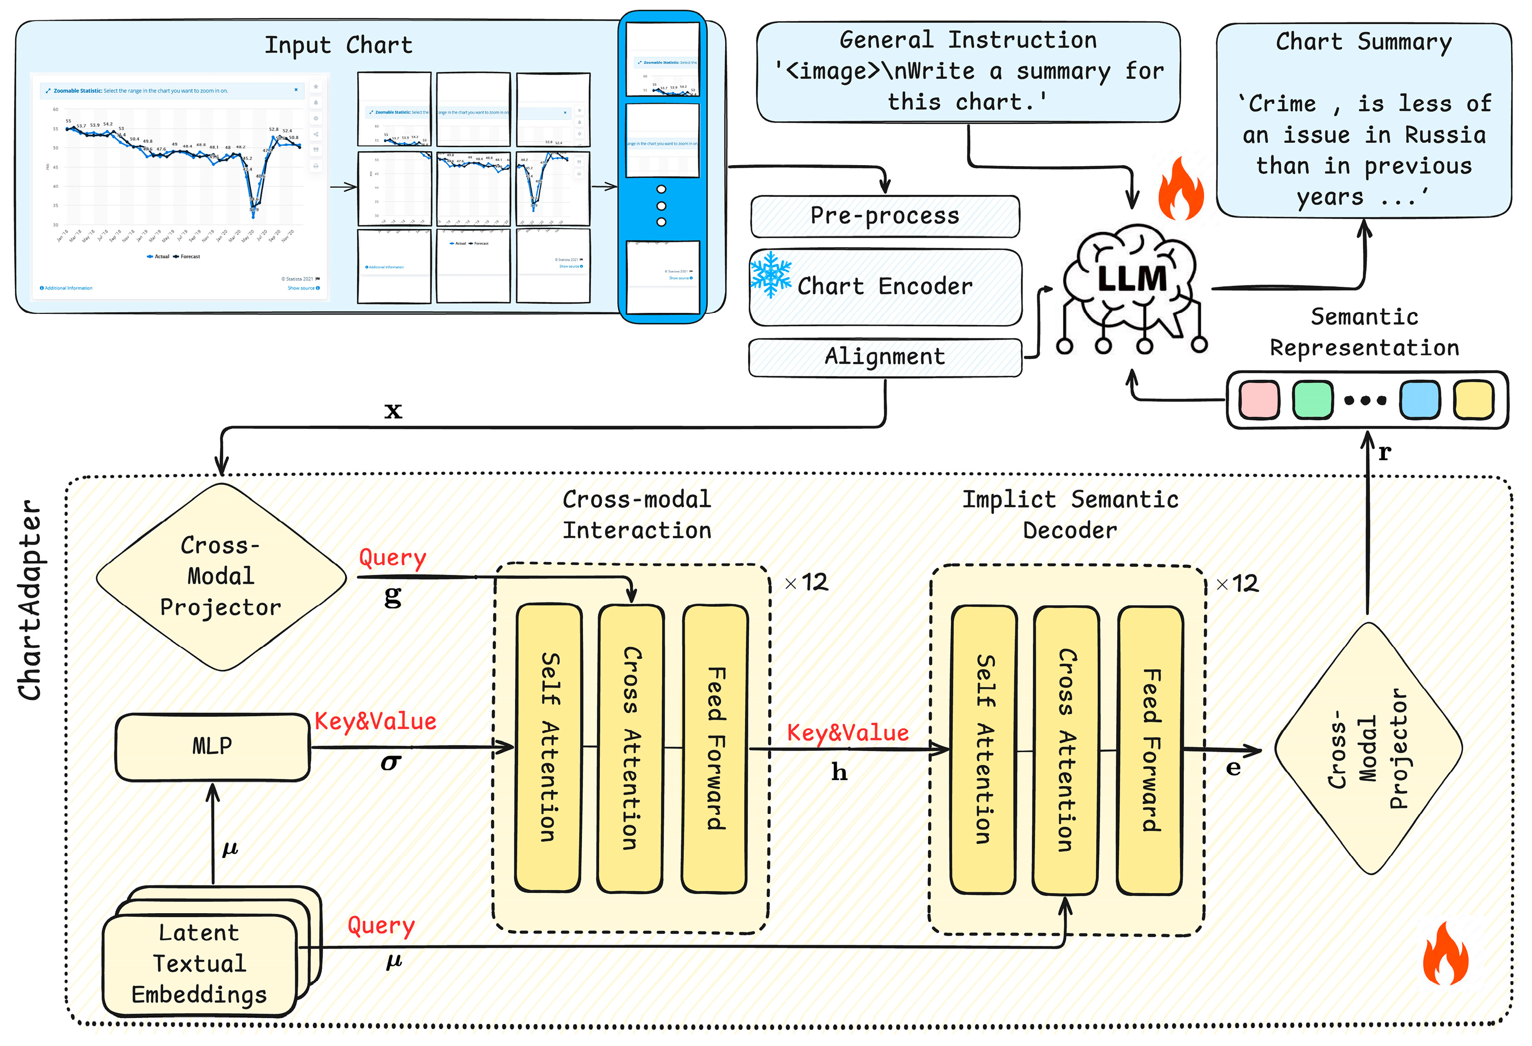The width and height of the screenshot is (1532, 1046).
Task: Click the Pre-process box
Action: [x=885, y=216]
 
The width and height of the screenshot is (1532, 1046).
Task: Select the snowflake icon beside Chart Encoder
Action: [x=770, y=275]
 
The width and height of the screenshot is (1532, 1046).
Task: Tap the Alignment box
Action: [x=885, y=357]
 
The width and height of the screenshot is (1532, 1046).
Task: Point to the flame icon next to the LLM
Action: [x=1181, y=189]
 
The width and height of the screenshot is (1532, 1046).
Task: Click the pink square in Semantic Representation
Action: [x=1258, y=400]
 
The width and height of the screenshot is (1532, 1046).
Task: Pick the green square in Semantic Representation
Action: [x=1313, y=400]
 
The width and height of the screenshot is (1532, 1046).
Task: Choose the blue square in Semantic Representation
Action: [x=1419, y=400]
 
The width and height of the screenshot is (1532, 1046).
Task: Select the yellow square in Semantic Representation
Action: [x=1473, y=400]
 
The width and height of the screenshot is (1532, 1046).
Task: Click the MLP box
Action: [x=212, y=747]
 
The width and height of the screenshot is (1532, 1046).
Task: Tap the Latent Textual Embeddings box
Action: [x=200, y=964]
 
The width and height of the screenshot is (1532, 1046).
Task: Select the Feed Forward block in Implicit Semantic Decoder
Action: [x=1150, y=750]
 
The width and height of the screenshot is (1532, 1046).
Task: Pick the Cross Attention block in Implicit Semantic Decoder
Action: [x=1066, y=750]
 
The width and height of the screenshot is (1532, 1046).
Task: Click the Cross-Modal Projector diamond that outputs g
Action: [x=221, y=577]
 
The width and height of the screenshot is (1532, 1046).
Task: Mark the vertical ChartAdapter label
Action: [x=30, y=600]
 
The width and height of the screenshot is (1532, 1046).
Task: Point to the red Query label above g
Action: [x=392, y=558]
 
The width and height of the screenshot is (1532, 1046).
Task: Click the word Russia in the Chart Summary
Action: [x=1445, y=135]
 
